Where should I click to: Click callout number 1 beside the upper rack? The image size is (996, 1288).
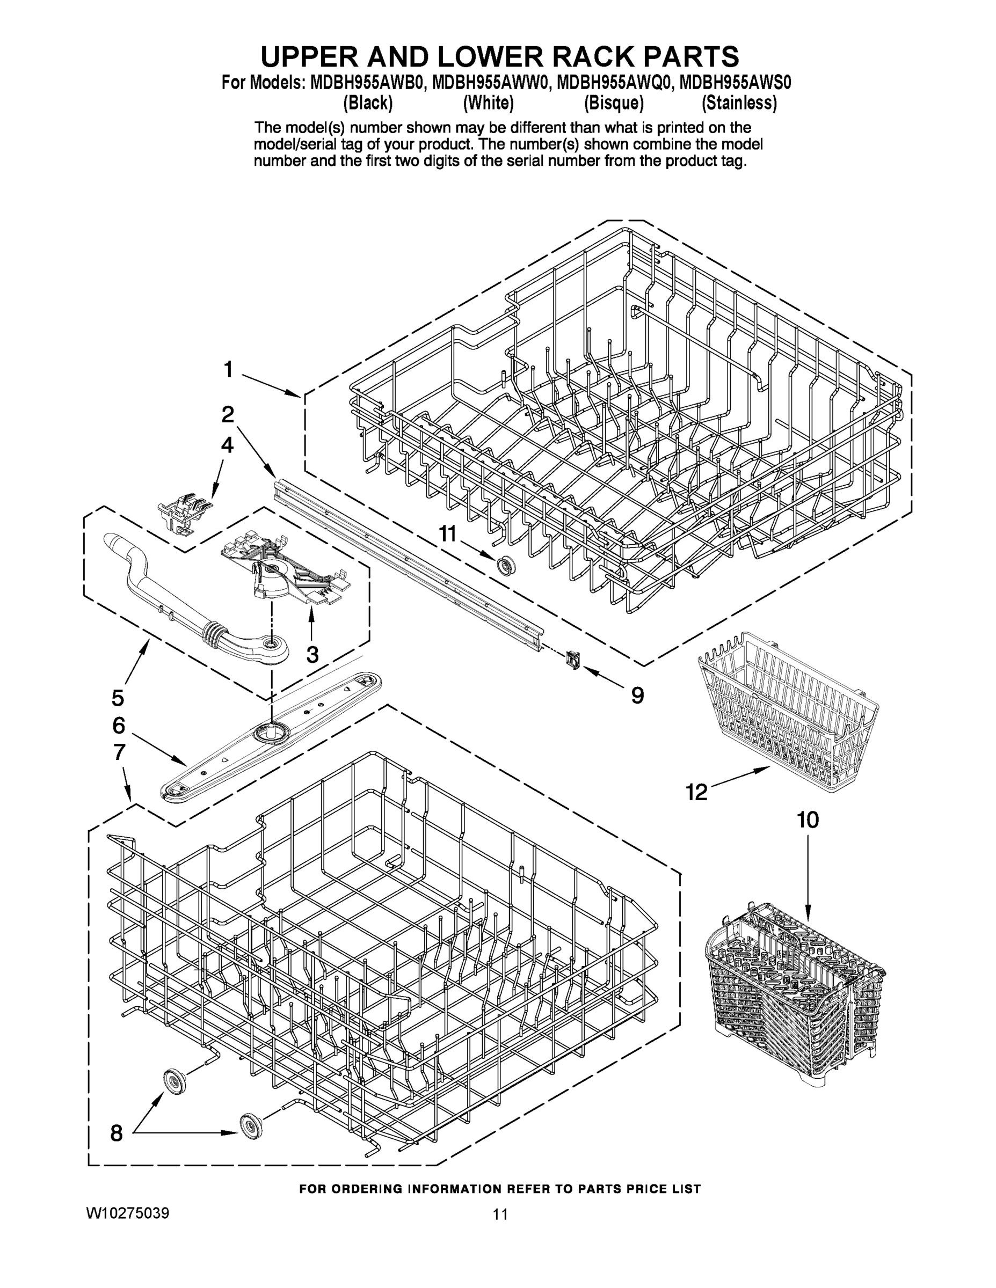228,370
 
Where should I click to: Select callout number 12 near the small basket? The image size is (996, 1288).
696,792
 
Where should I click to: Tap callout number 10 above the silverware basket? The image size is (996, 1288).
808,819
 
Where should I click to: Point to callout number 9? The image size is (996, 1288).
637,696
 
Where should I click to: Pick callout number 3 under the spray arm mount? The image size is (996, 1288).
312,654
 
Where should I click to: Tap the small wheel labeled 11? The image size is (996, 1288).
505,565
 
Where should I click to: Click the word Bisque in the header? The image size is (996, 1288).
614,103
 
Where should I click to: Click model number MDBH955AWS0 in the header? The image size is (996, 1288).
735,82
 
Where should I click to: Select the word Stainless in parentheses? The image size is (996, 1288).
739,103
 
